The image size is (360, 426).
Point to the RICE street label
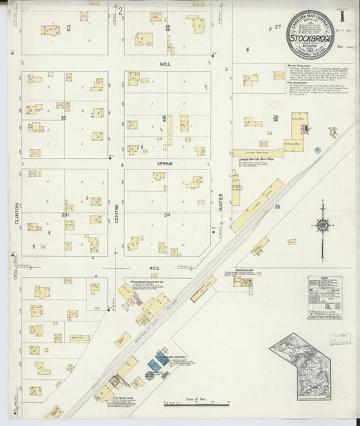155,268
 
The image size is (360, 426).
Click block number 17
69,27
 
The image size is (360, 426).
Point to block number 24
167,215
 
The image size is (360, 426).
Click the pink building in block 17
50,30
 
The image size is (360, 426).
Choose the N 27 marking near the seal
273,28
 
